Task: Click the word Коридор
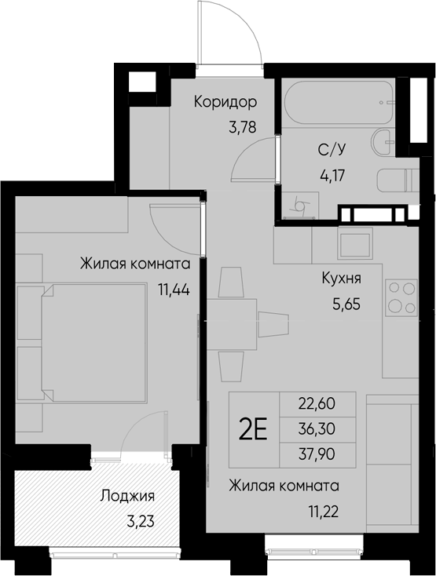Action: (225, 102)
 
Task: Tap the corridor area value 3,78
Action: (242, 128)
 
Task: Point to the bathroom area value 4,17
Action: (332, 175)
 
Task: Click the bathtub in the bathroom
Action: (339, 102)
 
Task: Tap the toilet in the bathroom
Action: (398, 180)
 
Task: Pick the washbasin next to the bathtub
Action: (383, 142)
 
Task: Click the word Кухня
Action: (341, 278)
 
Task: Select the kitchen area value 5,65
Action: (346, 304)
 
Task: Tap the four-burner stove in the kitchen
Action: (401, 297)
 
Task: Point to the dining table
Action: (232, 324)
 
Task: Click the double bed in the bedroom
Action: (94, 341)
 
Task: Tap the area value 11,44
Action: (174, 290)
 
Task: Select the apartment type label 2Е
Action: (252, 429)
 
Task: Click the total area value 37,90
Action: (317, 454)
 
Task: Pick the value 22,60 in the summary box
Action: (317, 403)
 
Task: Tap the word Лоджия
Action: (127, 496)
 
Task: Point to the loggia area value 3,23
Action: (141, 521)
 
